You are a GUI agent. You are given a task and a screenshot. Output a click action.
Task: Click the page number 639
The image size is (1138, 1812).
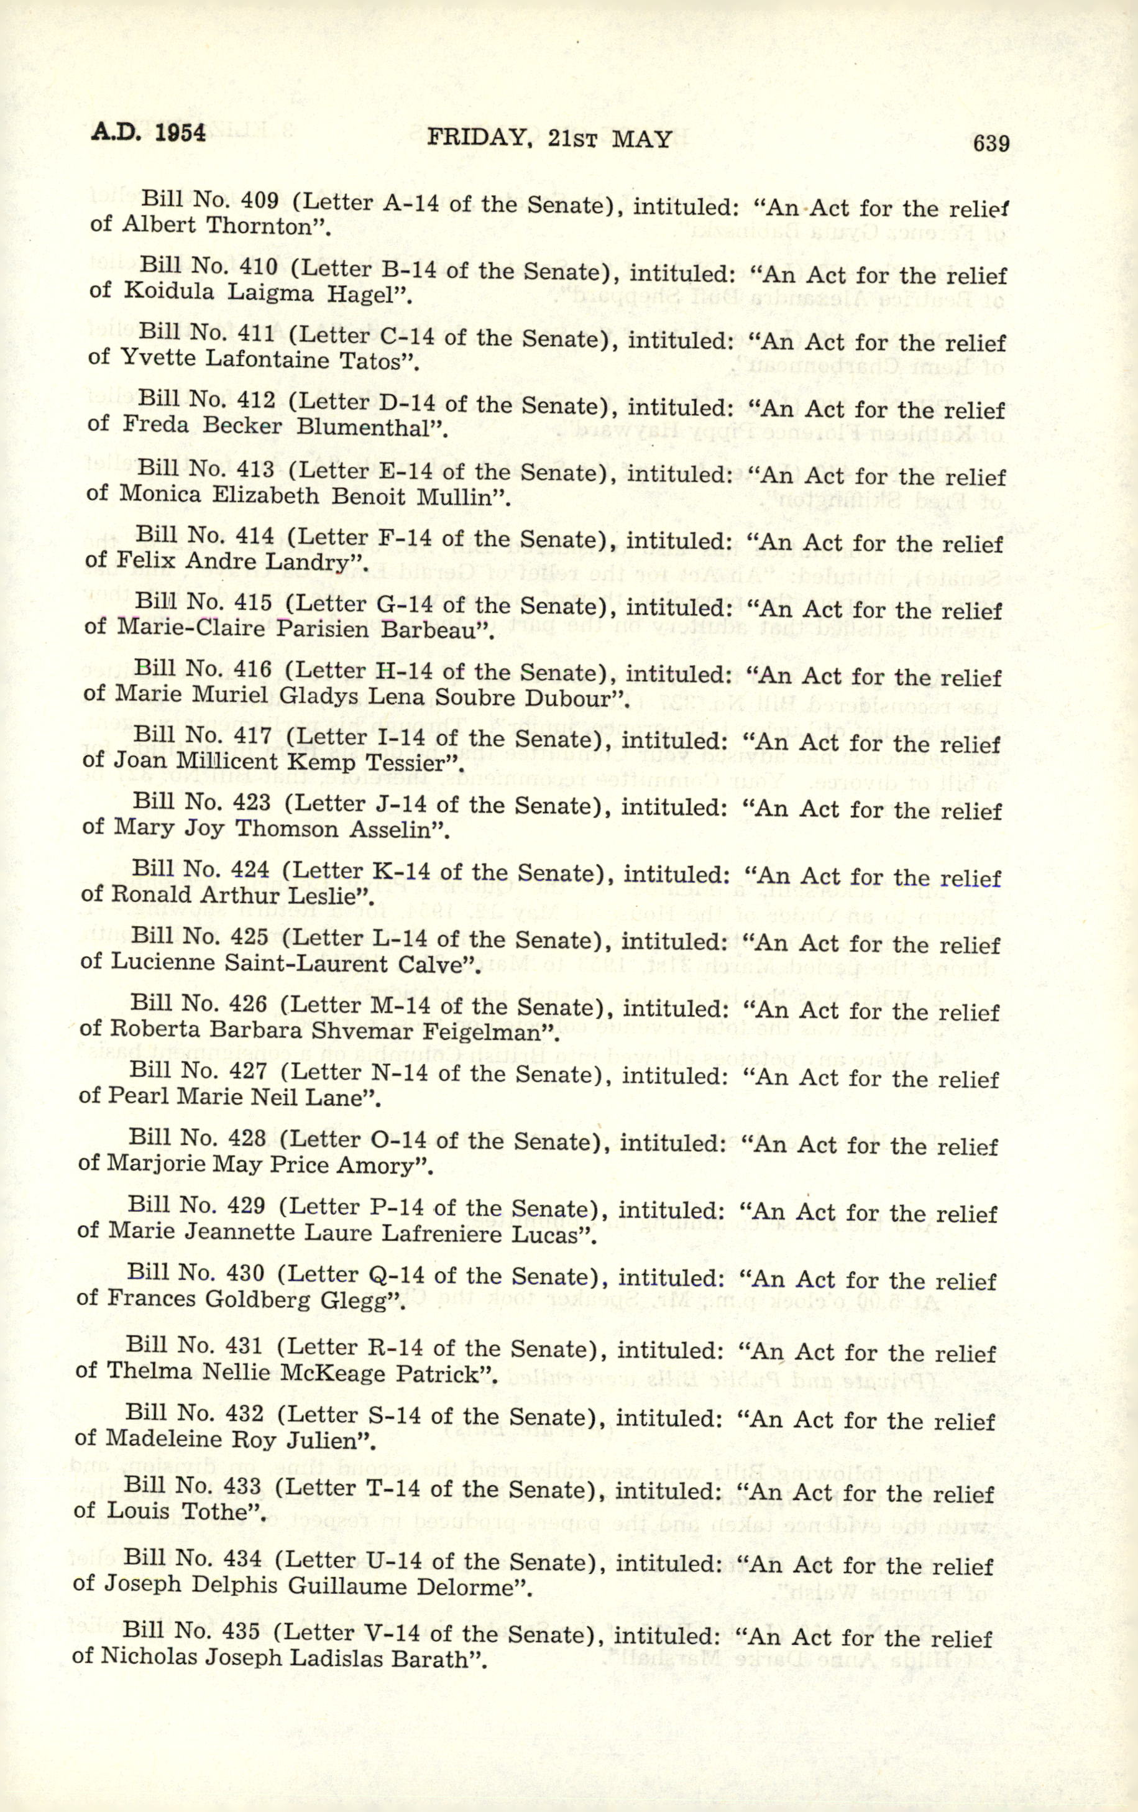click(x=991, y=142)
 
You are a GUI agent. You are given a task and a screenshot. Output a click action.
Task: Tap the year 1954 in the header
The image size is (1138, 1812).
click(x=180, y=132)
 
